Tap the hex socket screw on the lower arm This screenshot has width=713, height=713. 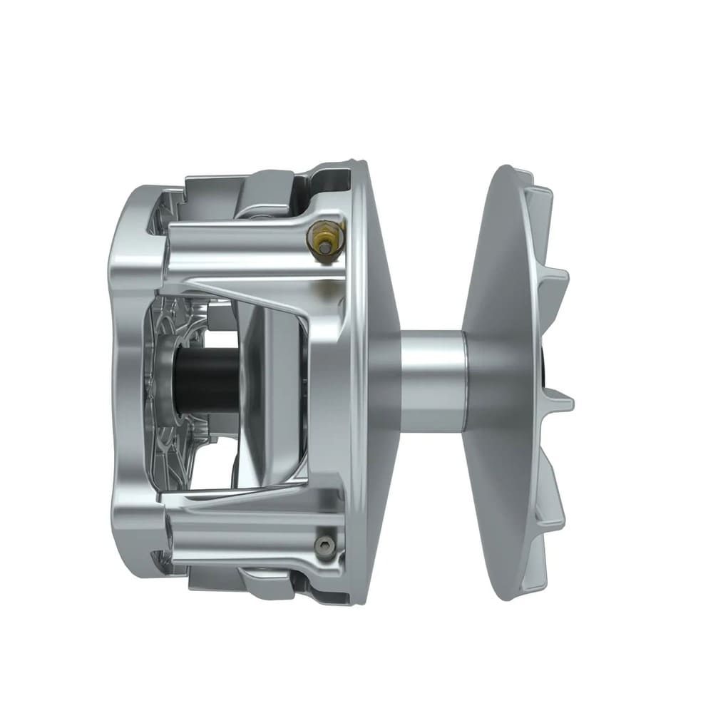pyautogui.click(x=324, y=545)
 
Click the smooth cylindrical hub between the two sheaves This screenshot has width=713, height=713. pyautogui.click(x=434, y=379)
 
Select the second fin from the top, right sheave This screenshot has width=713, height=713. pyautogui.click(x=556, y=278)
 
